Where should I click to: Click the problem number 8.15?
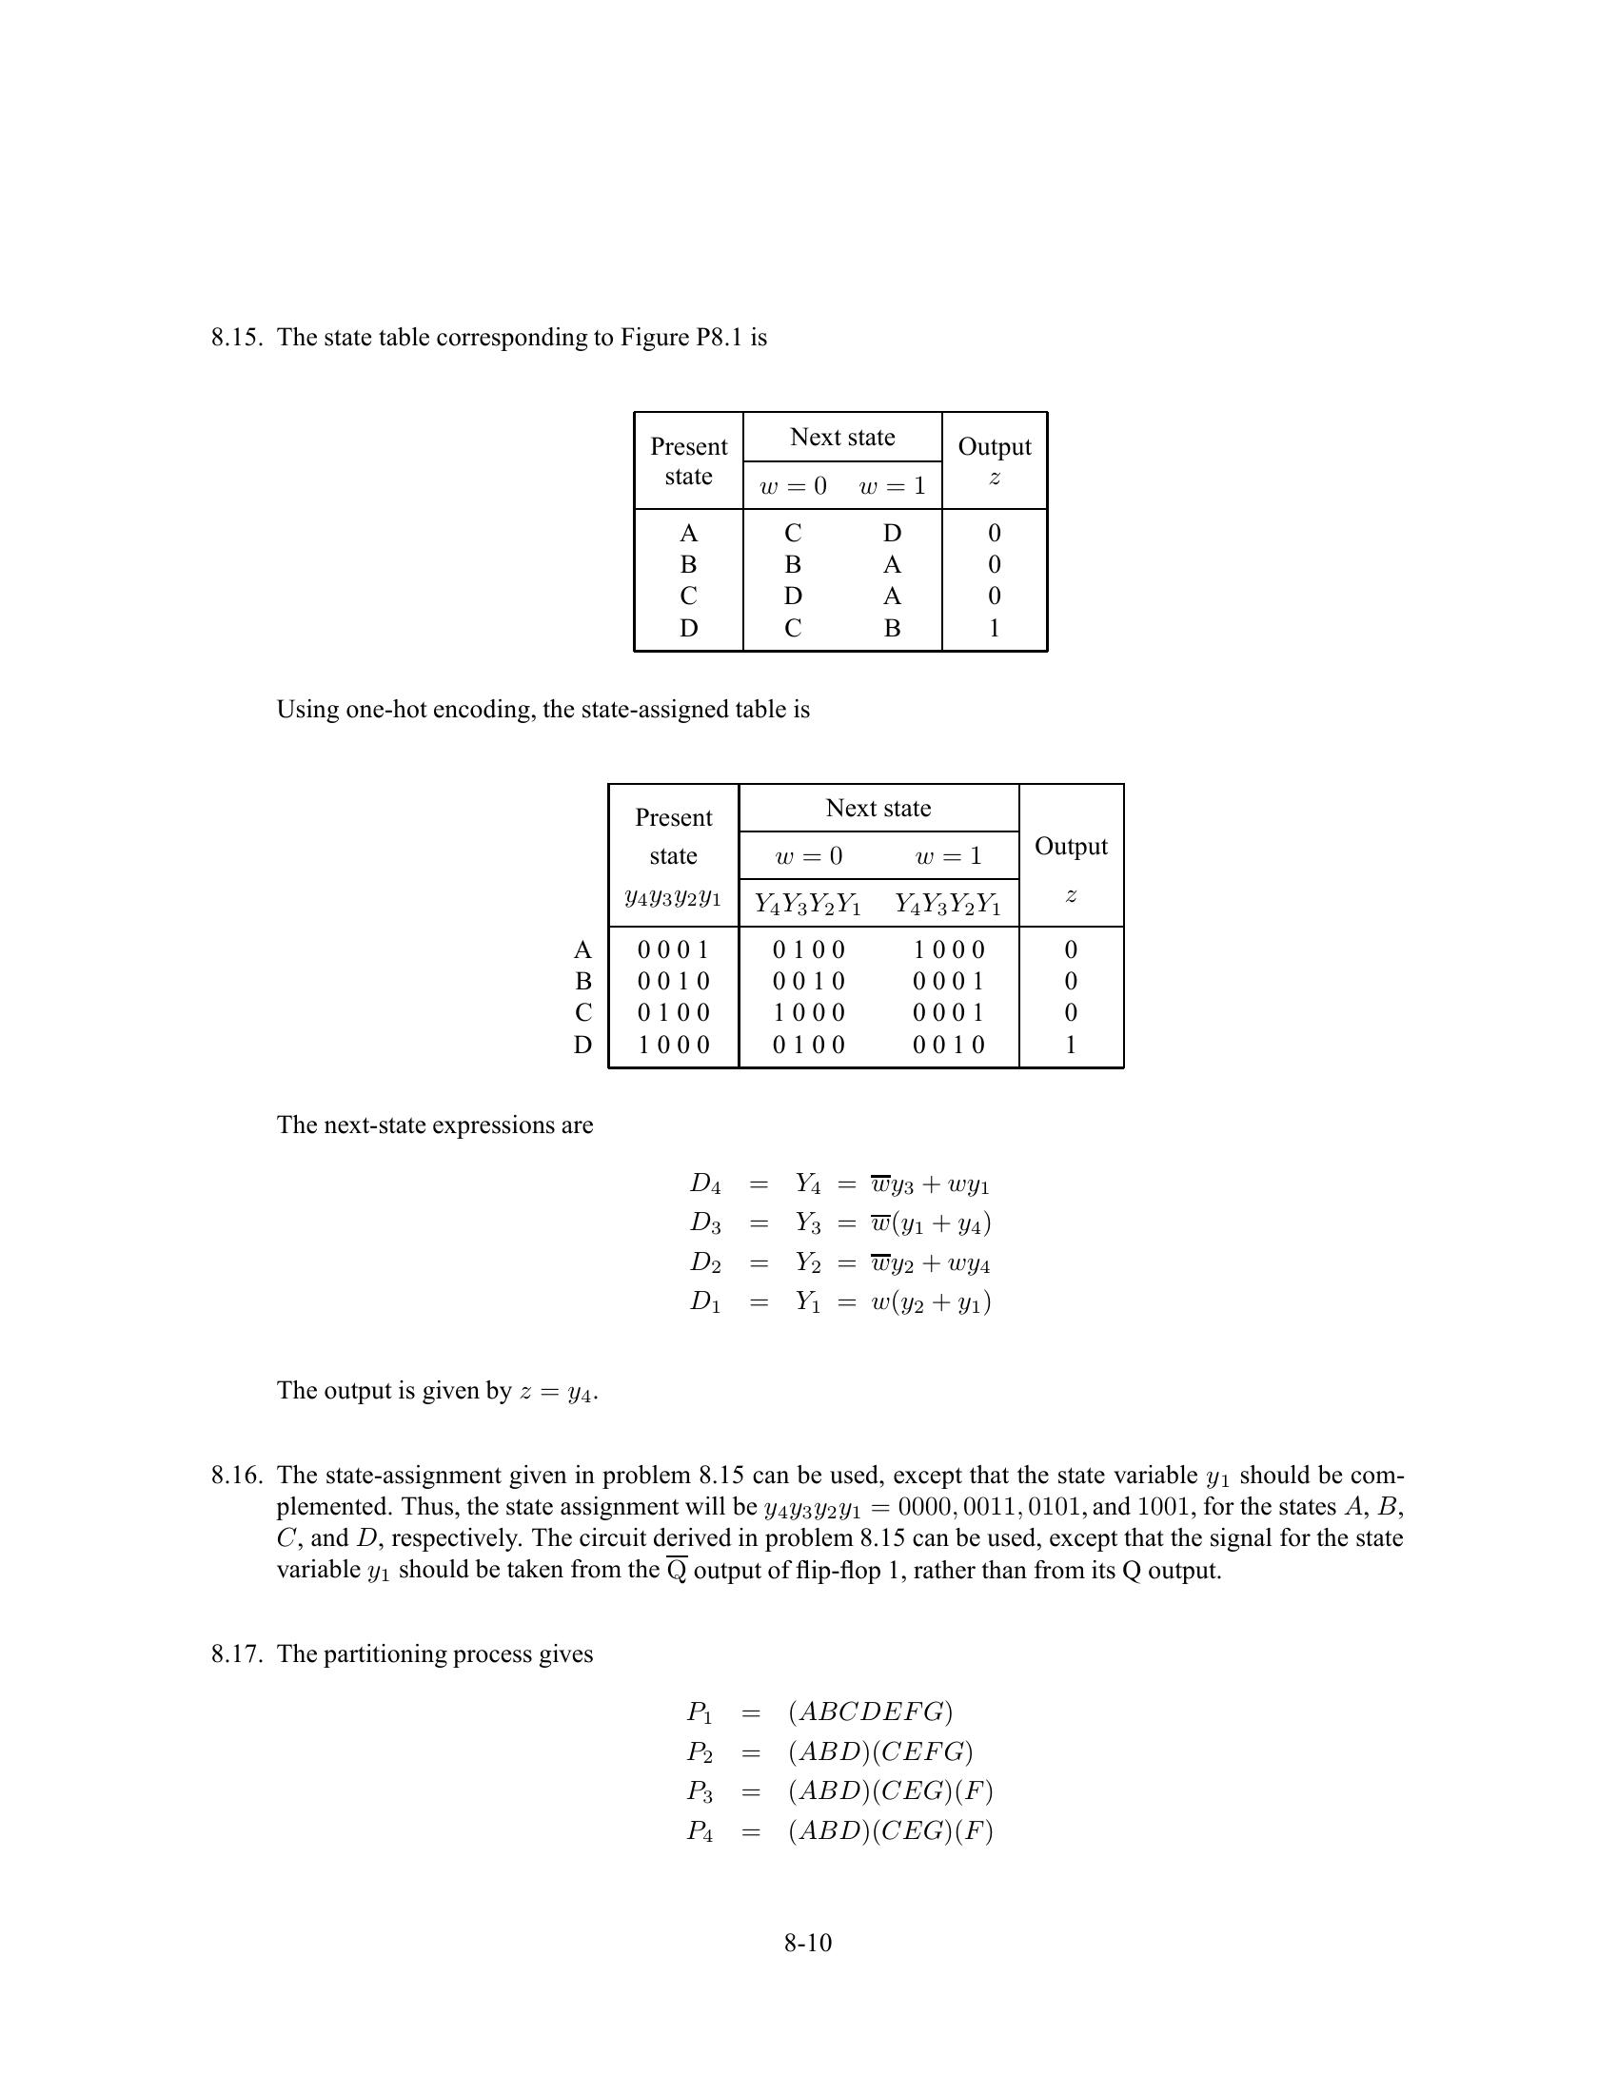point(236,338)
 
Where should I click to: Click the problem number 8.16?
point(236,1475)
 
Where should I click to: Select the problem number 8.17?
point(236,1654)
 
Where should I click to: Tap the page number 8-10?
point(808,1943)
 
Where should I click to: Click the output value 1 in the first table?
point(994,628)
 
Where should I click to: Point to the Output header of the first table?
point(994,446)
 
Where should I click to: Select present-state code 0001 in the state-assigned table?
point(673,949)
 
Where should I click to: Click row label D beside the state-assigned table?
point(582,1045)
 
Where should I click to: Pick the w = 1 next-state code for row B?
point(948,982)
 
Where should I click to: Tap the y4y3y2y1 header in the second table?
point(673,898)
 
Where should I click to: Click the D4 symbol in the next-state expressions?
point(704,1184)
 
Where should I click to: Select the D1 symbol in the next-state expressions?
point(704,1302)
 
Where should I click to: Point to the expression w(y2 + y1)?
point(930,1302)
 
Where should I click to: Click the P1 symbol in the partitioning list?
point(700,1712)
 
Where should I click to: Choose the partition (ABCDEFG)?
point(870,1712)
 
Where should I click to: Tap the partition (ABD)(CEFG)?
point(880,1751)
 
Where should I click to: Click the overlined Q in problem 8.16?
point(677,1571)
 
